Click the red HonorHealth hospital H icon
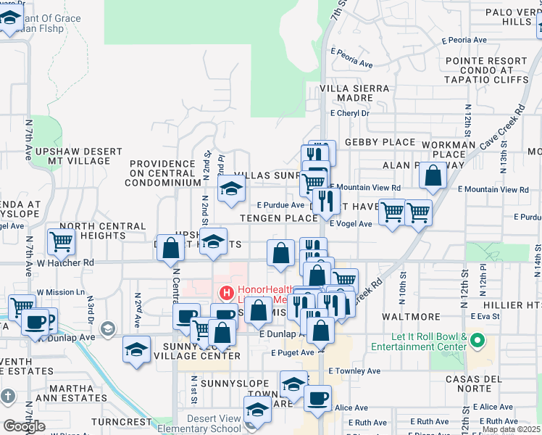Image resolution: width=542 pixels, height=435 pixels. click(x=226, y=294)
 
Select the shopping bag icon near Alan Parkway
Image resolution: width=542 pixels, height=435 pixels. click(x=433, y=176)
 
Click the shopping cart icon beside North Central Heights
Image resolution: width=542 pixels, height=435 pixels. click(x=62, y=241)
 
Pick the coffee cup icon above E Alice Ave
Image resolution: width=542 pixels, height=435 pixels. click(x=317, y=398)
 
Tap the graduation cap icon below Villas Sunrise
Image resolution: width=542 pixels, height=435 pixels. click(x=231, y=190)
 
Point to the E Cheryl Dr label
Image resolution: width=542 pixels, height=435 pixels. click(x=350, y=113)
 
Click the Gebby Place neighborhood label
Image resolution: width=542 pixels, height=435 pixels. click(x=380, y=143)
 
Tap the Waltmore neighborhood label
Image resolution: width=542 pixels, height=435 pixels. click(x=406, y=316)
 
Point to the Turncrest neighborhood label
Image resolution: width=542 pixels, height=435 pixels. click(x=120, y=421)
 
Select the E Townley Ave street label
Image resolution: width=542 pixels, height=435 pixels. click(x=354, y=371)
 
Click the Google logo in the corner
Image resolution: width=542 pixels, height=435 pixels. click(x=24, y=426)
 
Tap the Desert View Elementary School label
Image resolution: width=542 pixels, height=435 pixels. click(x=213, y=423)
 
